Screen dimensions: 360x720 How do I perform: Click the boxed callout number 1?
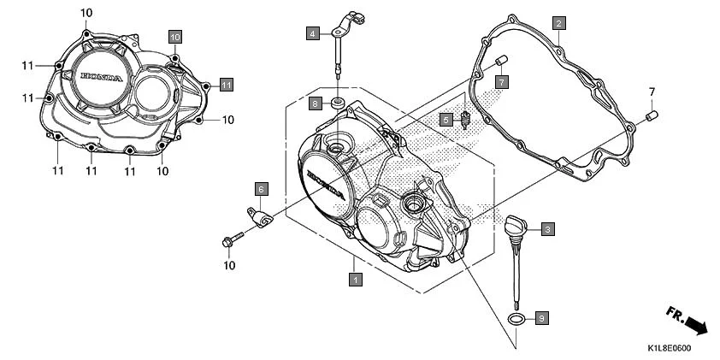click(x=353, y=278)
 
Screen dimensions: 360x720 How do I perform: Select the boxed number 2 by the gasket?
click(x=558, y=24)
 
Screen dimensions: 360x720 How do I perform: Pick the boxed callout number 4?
click(x=314, y=33)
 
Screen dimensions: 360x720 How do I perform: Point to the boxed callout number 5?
click(x=446, y=121)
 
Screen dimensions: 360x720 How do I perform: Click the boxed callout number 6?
click(x=261, y=188)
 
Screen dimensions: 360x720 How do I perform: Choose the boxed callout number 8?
click(x=315, y=103)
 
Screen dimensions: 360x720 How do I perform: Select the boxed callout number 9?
click(x=540, y=318)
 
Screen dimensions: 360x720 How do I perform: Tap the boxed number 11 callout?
click(x=226, y=84)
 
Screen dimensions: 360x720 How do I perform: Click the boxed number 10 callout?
click(x=174, y=37)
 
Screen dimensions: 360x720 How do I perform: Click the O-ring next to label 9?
click(x=516, y=319)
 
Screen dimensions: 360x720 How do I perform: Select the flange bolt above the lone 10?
click(x=229, y=243)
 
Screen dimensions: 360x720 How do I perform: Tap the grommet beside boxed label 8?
click(x=339, y=103)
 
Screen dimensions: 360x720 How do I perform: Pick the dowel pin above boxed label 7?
click(x=501, y=60)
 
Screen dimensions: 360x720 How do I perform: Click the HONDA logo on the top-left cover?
click(x=103, y=77)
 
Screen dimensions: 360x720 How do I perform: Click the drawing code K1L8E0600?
click(x=668, y=348)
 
